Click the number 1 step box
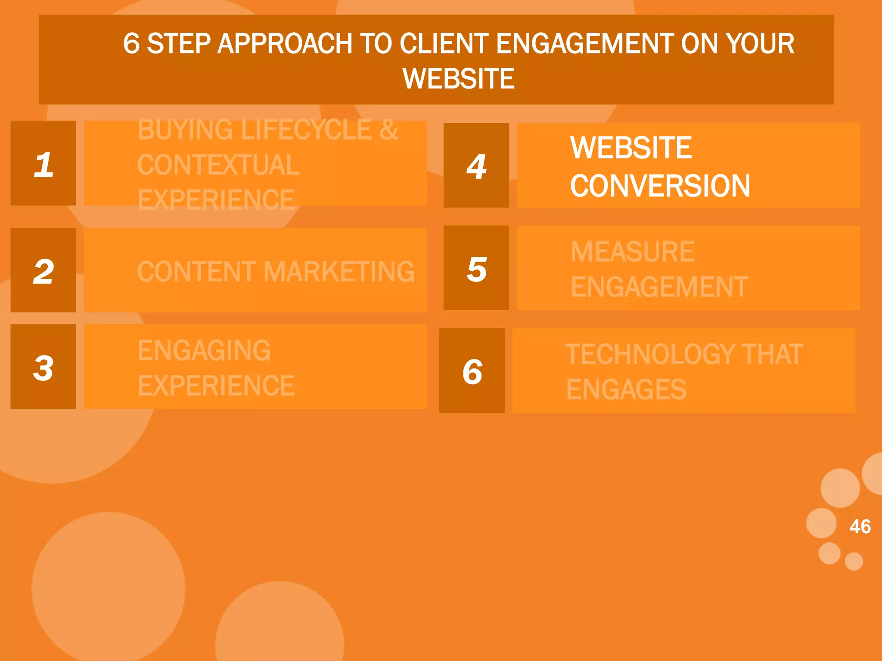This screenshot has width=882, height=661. [43, 163]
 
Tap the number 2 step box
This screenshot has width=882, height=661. [43, 270]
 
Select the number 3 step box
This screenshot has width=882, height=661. [43, 367]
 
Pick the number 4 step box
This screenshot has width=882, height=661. [476, 165]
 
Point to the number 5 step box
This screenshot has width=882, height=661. [476, 268]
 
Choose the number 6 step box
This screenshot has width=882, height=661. [472, 371]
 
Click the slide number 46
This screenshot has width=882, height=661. [860, 526]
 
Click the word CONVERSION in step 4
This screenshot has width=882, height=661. [660, 186]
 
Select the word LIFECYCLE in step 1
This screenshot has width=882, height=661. [306, 130]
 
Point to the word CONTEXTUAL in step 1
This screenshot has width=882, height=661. [218, 165]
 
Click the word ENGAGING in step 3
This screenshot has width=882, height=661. [204, 350]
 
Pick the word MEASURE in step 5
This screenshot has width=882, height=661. [632, 252]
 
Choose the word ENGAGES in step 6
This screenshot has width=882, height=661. [626, 389]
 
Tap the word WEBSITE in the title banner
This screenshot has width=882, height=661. [458, 79]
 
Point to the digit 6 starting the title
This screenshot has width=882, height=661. [131, 44]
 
